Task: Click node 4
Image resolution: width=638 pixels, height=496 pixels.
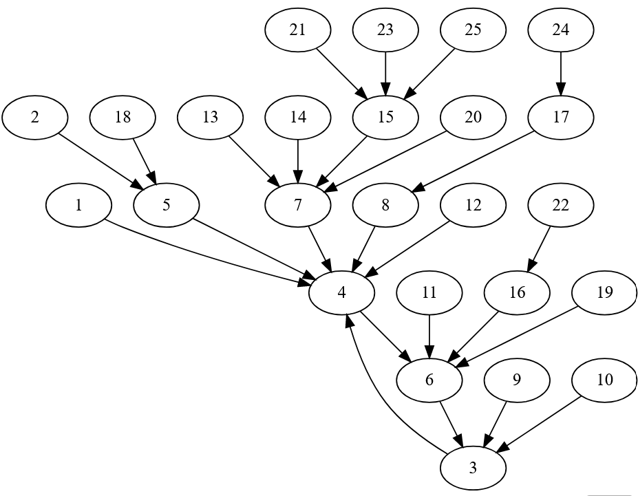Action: (x=342, y=292)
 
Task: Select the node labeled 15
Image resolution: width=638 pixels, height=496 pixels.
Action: (x=385, y=117)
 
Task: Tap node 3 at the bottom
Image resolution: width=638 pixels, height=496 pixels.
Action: (x=473, y=468)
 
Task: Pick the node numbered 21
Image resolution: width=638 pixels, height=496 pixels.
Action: (x=298, y=30)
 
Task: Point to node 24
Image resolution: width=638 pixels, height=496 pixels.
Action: (x=561, y=30)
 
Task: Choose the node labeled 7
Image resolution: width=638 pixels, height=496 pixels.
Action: (x=298, y=205)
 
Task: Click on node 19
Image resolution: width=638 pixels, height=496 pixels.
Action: (x=604, y=292)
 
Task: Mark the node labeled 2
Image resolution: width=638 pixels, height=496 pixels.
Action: (x=35, y=117)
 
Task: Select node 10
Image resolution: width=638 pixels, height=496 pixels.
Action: (x=604, y=380)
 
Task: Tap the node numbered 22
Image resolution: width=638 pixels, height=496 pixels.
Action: (x=561, y=205)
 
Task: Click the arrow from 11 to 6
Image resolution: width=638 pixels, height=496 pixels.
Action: (x=429, y=336)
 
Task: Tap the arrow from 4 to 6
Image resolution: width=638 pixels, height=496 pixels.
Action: (x=385, y=336)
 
